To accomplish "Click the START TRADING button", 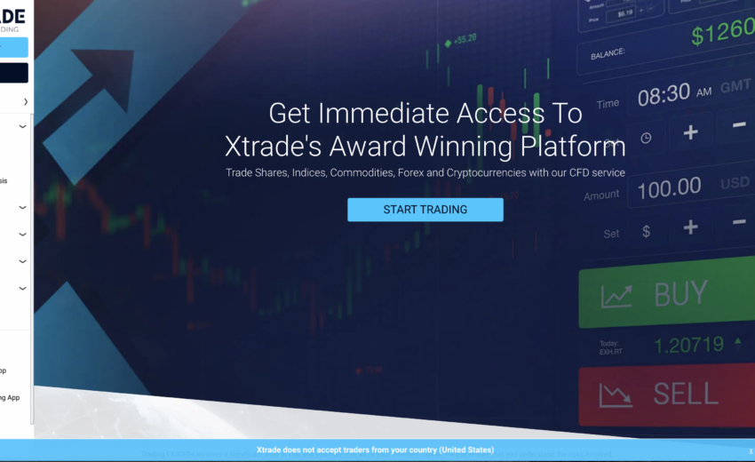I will pyautogui.click(x=425, y=210).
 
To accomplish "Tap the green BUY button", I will pyautogui.click(x=666, y=295).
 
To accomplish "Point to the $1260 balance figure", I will pyautogui.click(x=722, y=35).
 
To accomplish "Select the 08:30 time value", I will pyautogui.click(x=664, y=93).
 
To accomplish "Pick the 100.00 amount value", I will pyautogui.click(x=669, y=187).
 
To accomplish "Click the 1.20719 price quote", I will pyautogui.click(x=689, y=345).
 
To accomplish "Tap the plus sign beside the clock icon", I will pyautogui.click(x=690, y=133).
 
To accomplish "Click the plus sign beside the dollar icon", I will pyautogui.click(x=690, y=227).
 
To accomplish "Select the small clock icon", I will pyautogui.click(x=646, y=138).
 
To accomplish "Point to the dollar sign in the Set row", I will pyautogui.click(x=646, y=231).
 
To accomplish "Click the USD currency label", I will pyautogui.click(x=735, y=183).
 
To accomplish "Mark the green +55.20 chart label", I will pyautogui.click(x=465, y=40).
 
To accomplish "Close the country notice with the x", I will pyautogui.click(x=750, y=451).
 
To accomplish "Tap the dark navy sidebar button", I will pyautogui.click(x=14, y=73).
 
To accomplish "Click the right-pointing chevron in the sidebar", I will pyautogui.click(x=26, y=102).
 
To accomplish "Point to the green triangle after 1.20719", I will pyautogui.click(x=736, y=341).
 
